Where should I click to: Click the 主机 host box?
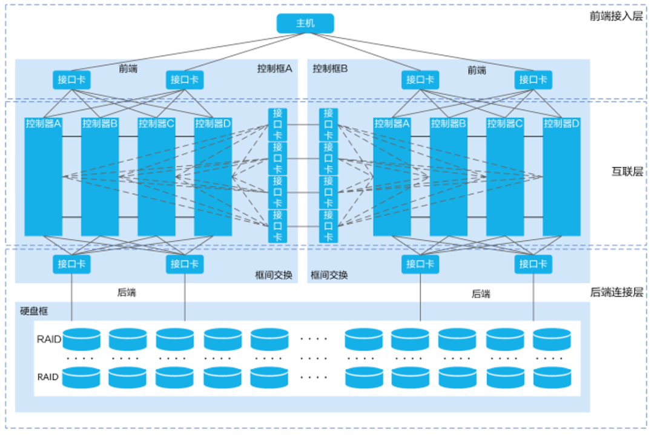305,24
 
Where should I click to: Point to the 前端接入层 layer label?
616,16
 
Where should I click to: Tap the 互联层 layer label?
627,172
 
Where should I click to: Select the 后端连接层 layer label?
616,292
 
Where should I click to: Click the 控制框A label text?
274,68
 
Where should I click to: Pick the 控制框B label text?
330,68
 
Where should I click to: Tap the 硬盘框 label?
34,312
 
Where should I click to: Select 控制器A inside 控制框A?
44,175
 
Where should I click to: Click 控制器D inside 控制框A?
213,175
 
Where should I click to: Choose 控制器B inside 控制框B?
449,175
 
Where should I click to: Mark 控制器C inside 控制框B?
505,175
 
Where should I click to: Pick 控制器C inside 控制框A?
156,175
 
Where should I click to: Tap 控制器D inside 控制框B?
561,175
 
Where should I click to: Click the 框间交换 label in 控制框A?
274,275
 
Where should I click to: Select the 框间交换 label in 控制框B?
329,275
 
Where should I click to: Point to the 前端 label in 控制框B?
477,70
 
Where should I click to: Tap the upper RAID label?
49,339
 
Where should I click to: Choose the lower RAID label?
48,377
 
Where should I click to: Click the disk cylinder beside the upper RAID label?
81,339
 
